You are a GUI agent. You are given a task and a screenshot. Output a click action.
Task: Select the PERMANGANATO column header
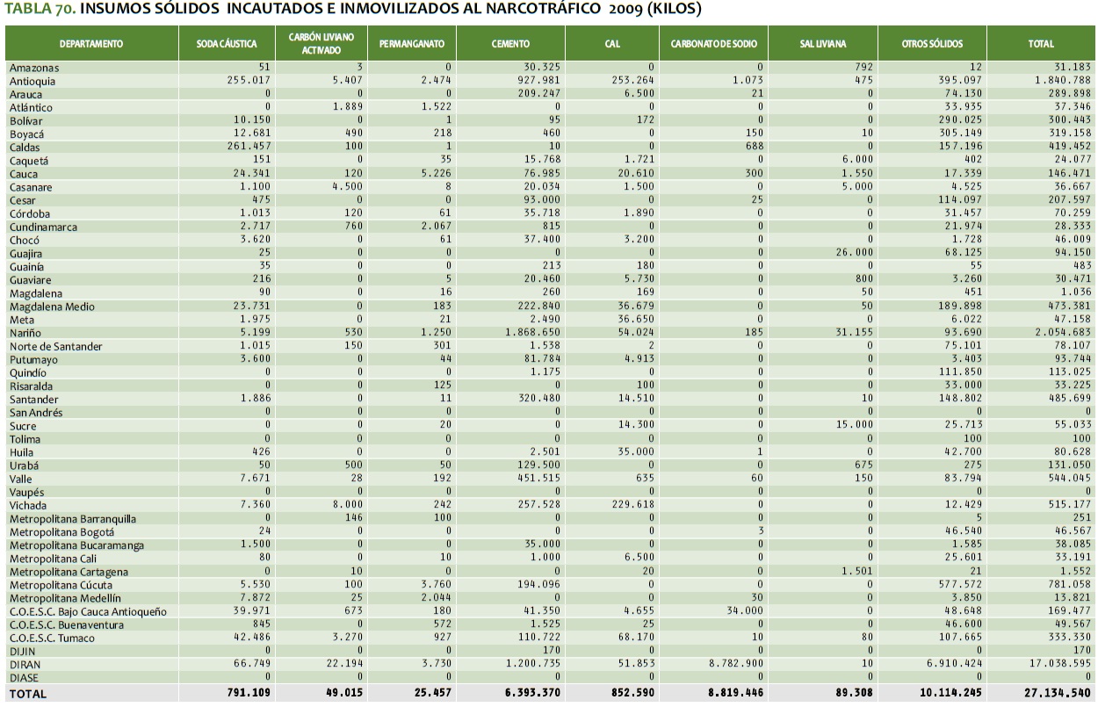[x=412, y=43]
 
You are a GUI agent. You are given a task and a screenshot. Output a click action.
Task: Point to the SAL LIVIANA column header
[x=822, y=43]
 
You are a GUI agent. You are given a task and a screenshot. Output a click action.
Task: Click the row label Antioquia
[x=32, y=81]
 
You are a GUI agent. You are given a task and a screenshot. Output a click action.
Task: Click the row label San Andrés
[x=36, y=413]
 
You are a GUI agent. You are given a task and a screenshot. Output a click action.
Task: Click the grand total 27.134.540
[x=1058, y=693]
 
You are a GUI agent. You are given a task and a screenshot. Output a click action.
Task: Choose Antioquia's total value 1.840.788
[x=1061, y=81]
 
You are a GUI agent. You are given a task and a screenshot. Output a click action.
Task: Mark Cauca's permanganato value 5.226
[x=436, y=174]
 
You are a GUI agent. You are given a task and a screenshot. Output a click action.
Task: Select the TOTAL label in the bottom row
[x=28, y=693]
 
